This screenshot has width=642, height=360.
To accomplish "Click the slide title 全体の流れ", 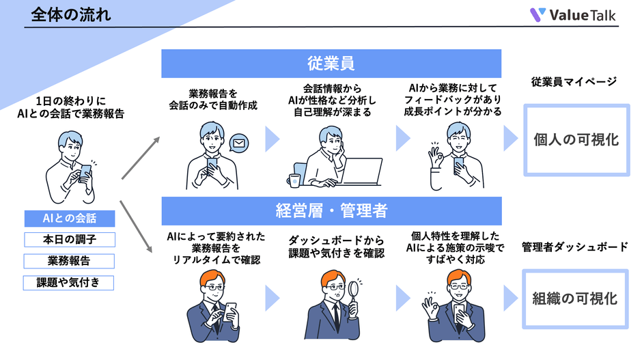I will point(70,14).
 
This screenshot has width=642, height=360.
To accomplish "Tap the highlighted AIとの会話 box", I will point(69,219).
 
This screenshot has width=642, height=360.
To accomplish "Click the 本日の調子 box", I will point(69,240).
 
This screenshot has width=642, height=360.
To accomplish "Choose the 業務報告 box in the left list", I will point(69,261).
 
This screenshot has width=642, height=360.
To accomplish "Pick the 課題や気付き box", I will point(69,282).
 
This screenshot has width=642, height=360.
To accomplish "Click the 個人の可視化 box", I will point(576,140).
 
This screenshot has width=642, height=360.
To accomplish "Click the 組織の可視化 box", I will point(576,299).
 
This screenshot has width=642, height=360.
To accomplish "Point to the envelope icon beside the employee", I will point(238,143).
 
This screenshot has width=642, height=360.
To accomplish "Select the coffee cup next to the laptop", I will point(294,180).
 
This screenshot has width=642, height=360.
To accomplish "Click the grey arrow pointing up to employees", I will point(141,158).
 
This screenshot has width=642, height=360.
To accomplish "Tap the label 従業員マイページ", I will point(574,82).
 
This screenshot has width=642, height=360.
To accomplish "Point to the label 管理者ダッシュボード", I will point(574,247).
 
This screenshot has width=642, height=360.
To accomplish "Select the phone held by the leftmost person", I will point(85,171).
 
